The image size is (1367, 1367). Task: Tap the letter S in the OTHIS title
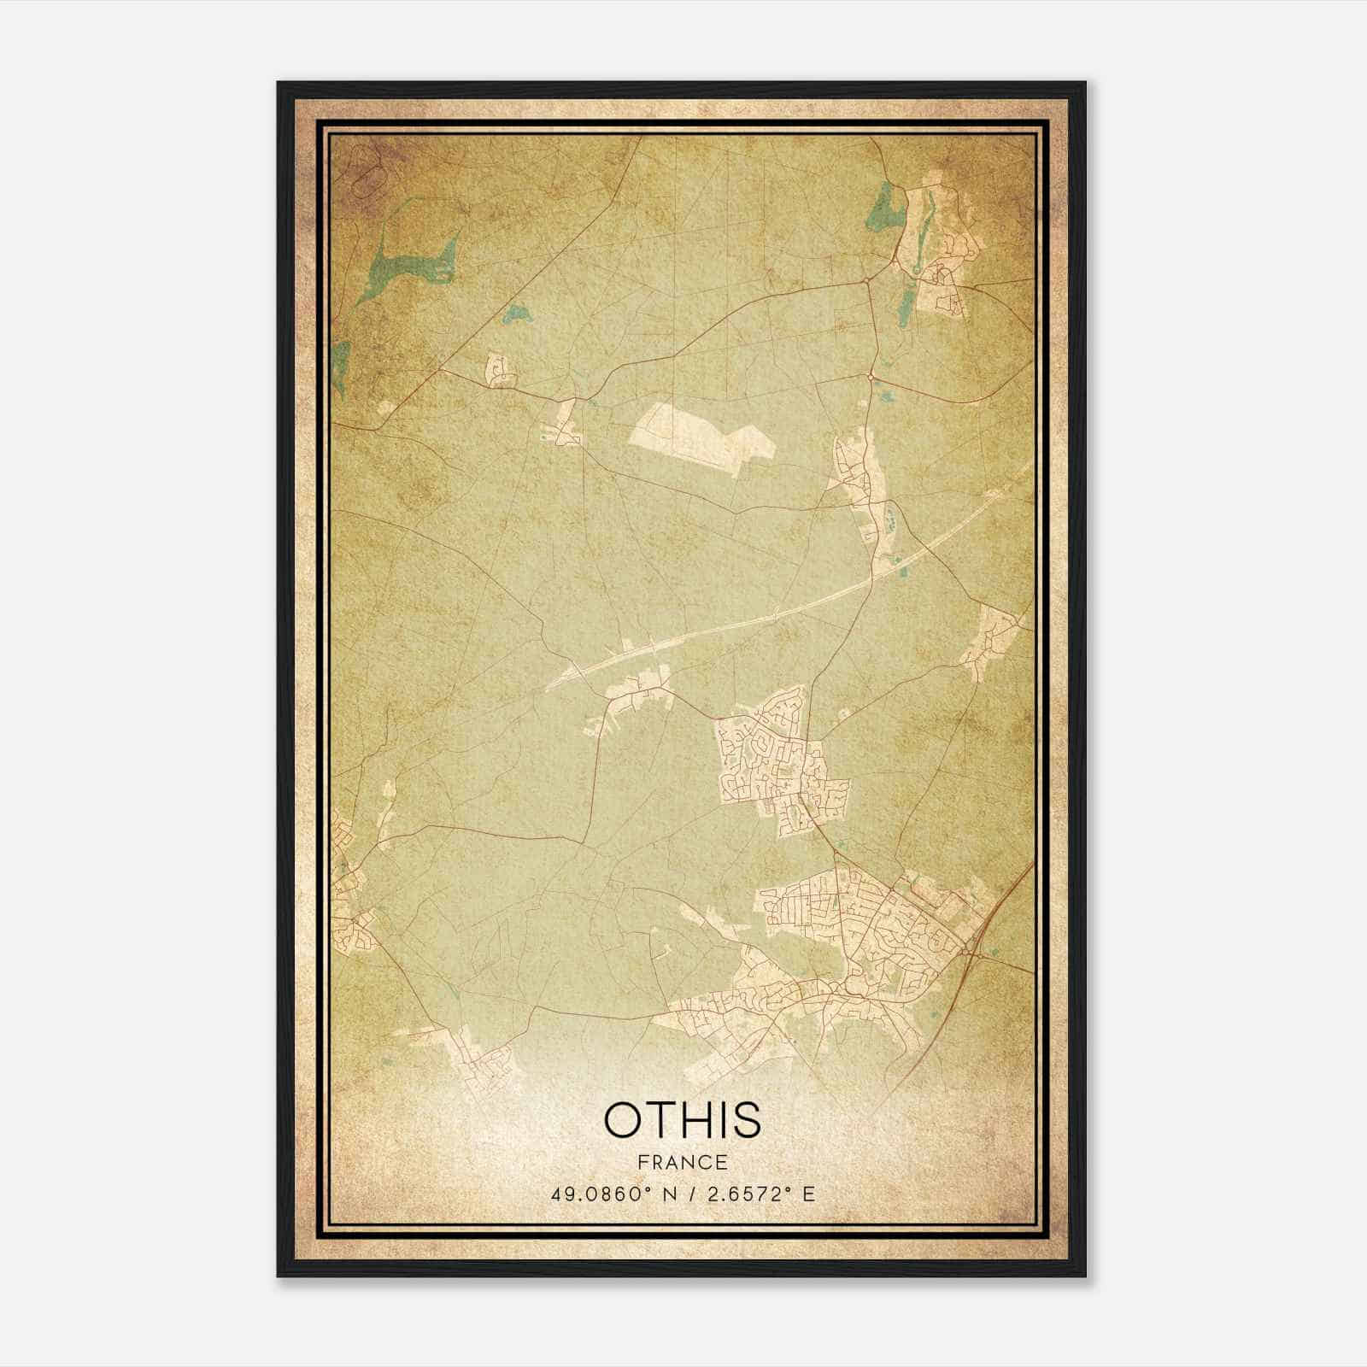[744, 1120]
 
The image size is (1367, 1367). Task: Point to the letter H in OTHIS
[697, 1120]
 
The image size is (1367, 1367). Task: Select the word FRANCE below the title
[683, 1162]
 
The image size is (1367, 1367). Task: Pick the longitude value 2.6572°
[748, 1194]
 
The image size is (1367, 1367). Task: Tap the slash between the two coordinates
[693, 1194]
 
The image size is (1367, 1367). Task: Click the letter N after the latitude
[670, 1194]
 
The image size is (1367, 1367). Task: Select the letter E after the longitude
[808, 1194]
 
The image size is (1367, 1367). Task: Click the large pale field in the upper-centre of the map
[701, 437]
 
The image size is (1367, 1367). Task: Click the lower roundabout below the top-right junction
[870, 376]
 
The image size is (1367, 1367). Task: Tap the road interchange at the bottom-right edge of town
[965, 951]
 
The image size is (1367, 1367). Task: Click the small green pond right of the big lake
[515, 314]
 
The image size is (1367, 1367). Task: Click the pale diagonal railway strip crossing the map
[769, 617]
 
